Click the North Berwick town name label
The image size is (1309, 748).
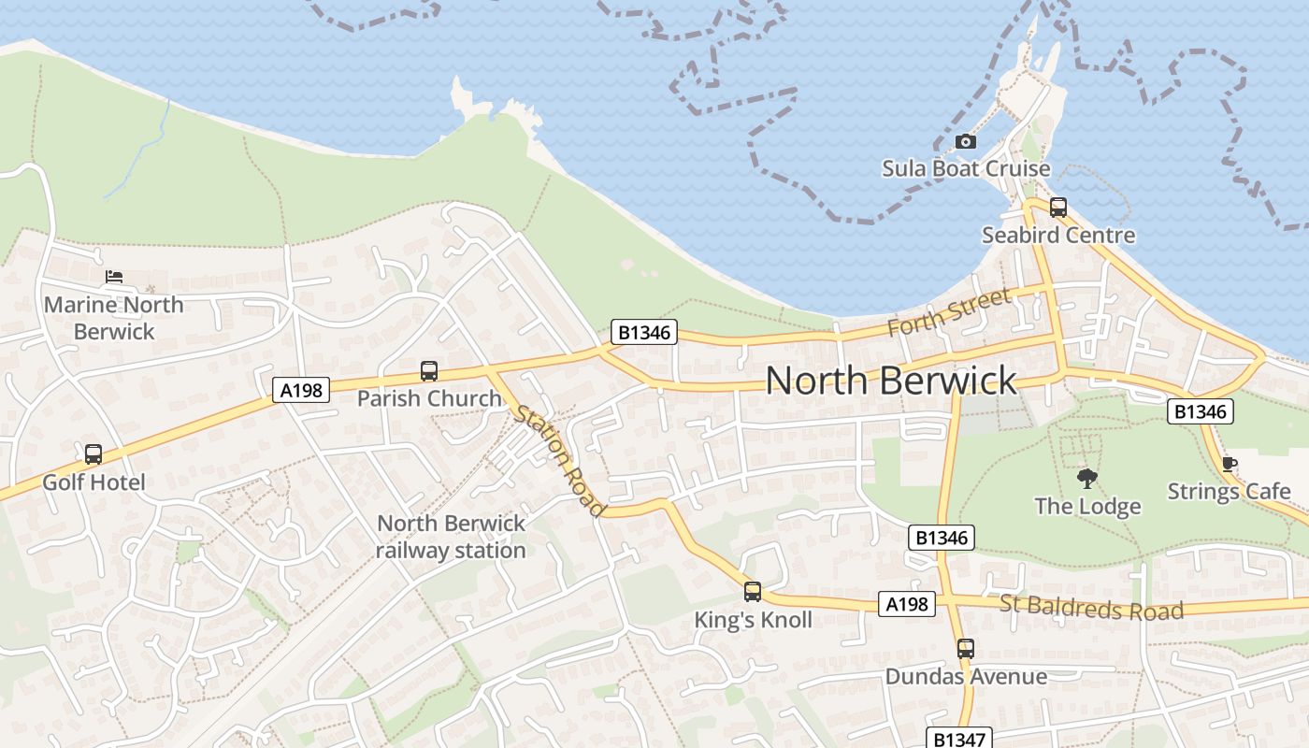pos(890,381)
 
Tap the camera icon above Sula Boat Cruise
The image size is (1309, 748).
pos(966,142)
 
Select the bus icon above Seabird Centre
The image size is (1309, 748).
pos(1057,208)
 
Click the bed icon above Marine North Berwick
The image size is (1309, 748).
pos(114,277)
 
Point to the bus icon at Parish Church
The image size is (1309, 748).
pos(429,371)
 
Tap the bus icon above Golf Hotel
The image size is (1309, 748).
pos(93,454)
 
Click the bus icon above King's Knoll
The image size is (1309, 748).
pos(753,592)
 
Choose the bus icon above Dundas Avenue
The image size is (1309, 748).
pos(966,648)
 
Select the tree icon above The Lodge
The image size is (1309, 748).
pos(1086,479)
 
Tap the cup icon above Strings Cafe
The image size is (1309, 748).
pos(1229,464)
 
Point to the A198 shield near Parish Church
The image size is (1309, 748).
pos(302,390)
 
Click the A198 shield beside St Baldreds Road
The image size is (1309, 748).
pos(907,604)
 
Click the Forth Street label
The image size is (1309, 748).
pos(949,312)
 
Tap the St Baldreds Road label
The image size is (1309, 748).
pos(1091,608)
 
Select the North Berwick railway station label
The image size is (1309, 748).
pos(451,537)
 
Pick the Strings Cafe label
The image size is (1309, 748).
pos(1229,491)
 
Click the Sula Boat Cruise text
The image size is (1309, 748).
pos(966,169)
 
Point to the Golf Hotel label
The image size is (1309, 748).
pos(93,482)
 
